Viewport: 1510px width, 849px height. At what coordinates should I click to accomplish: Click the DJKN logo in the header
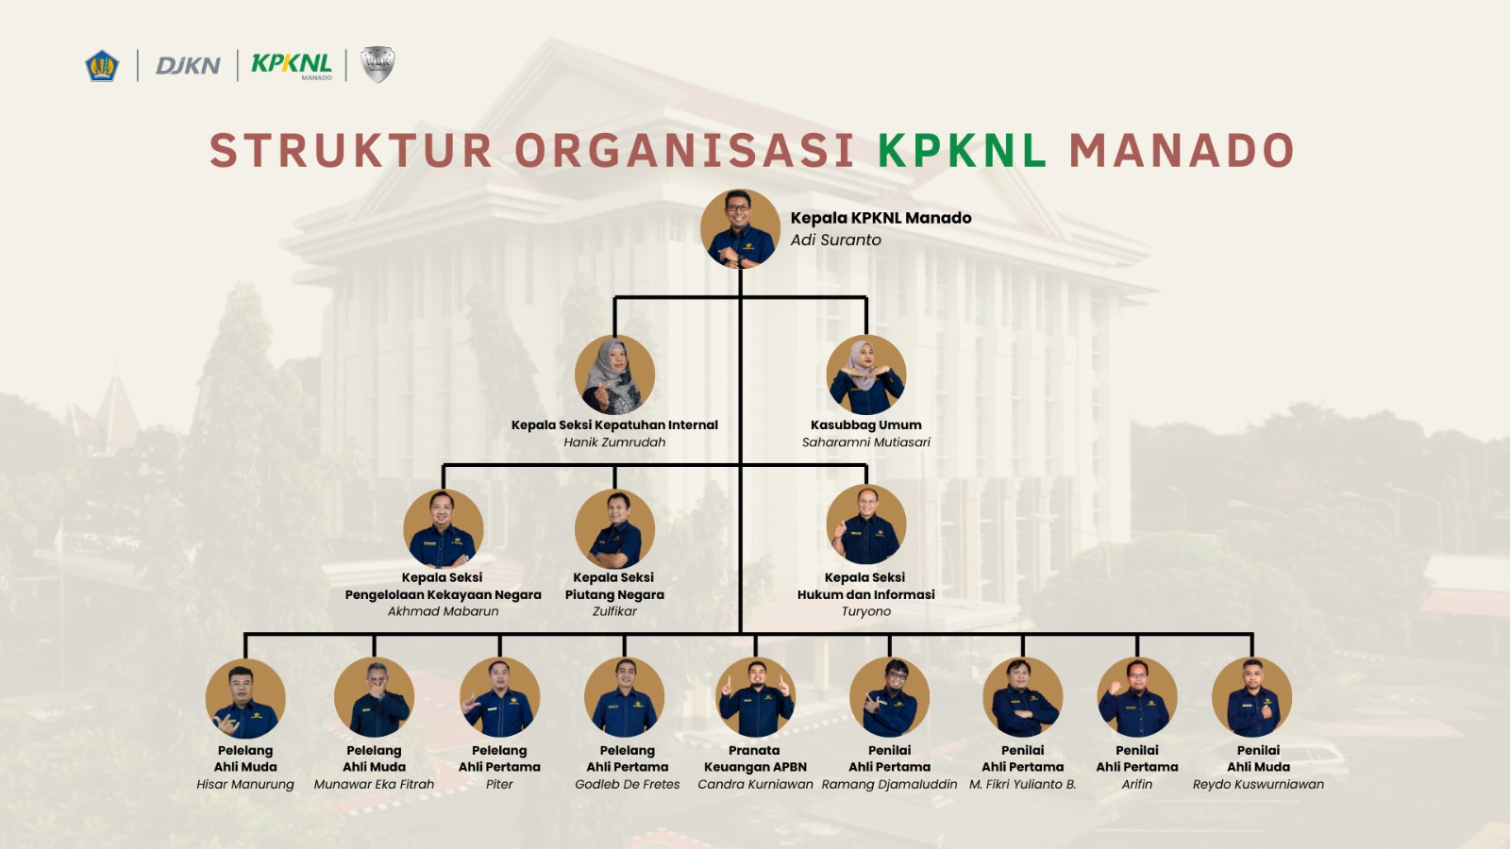[x=188, y=65]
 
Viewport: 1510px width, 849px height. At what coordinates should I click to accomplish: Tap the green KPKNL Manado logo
[x=292, y=64]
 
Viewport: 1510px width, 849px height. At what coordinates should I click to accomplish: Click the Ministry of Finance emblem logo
[x=102, y=66]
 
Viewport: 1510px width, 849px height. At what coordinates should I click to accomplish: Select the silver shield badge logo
[x=377, y=64]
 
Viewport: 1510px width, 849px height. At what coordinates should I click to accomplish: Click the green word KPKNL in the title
[x=962, y=151]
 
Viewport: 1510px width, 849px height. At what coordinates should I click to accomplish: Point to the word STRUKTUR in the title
[x=350, y=151]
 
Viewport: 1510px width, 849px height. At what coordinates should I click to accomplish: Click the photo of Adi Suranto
[x=740, y=229]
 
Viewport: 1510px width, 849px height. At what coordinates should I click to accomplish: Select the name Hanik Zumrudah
[x=614, y=442]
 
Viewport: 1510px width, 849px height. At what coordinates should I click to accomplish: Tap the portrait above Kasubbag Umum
[x=866, y=375]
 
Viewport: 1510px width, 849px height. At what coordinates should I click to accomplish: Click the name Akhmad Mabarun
[x=443, y=611]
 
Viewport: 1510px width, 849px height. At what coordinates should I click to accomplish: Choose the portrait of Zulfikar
[x=614, y=528]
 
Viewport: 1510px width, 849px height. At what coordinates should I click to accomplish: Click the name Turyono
[x=866, y=611]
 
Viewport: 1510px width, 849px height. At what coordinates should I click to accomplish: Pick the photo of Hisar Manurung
[x=245, y=698]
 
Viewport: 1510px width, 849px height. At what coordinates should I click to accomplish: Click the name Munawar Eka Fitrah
[x=374, y=784]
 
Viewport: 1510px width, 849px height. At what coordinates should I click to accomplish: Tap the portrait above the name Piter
[x=499, y=698]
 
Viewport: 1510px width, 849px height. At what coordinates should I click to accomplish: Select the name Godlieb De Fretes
[x=628, y=784]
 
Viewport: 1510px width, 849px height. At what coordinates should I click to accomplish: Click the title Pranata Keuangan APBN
[x=755, y=758]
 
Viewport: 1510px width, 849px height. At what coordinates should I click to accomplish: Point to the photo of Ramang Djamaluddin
[x=889, y=698]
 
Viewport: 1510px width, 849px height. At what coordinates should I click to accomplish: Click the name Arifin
[x=1137, y=784]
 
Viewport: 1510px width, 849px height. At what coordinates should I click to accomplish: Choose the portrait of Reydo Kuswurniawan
[x=1251, y=698]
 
